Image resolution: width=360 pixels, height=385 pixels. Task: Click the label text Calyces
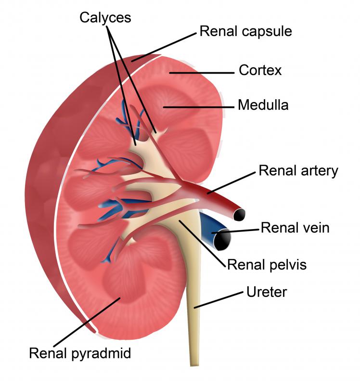tap(105, 18)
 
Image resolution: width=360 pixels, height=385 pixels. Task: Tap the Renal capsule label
tap(245, 31)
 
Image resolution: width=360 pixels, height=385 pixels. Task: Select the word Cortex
tap(260, 70)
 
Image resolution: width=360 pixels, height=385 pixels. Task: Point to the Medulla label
tap(263, 105)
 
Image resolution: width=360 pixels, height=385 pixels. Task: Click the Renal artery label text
tap(298, 171)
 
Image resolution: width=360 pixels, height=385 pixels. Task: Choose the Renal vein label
tap(295, 228)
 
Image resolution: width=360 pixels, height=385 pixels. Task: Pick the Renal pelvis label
tap(267, 265)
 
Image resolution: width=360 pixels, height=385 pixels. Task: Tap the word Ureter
tap(267, 292)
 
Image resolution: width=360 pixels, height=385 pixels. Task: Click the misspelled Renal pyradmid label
tap(80, 354)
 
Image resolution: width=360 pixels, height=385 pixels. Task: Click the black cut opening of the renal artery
tap(239, 215)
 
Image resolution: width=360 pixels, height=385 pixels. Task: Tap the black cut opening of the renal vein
tap(223, 239)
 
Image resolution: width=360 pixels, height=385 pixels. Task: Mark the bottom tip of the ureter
tap(194, 365)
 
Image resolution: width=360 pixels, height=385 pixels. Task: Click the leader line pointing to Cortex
tap(202, 73)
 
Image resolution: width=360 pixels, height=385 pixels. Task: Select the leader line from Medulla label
tap(198, 107)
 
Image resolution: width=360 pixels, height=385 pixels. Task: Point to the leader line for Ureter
tap(219, 300)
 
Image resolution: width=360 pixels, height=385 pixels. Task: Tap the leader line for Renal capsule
tap(164, 47)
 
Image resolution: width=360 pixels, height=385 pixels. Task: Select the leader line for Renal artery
tap(231, 183)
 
